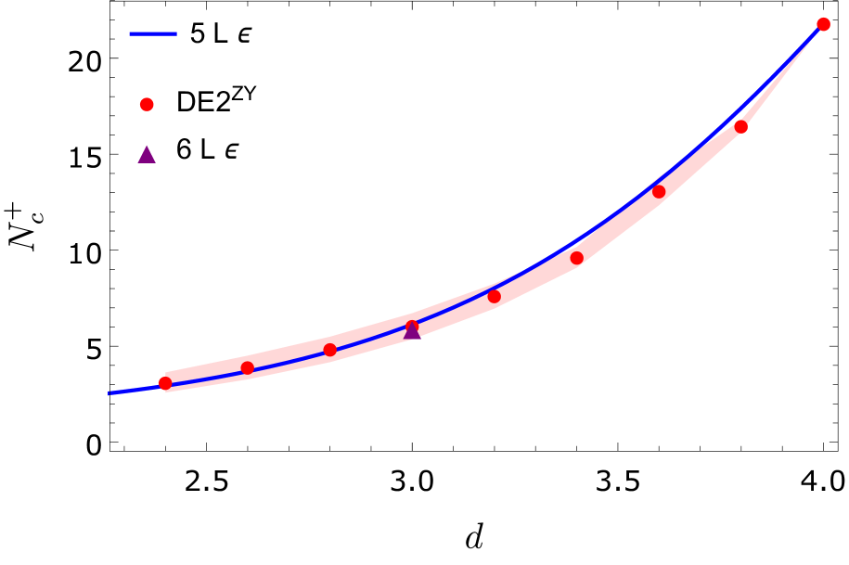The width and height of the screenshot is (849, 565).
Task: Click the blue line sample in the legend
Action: [x=153, y=34]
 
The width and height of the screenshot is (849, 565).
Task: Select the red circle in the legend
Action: [x=147, y=105]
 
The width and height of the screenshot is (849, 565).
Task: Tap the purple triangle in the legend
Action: [x=147, y=155]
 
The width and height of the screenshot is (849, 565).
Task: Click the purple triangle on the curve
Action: [x=412, y=331]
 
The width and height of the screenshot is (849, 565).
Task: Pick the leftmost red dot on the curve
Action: [x=165, y=383]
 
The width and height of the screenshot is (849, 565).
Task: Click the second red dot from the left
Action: [x=248, y=368]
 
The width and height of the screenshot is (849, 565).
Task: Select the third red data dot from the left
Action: [x=330, y=350]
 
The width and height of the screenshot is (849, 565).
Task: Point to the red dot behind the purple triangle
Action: [x=412, y=326]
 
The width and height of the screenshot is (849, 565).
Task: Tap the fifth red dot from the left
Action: [x=495, y=297]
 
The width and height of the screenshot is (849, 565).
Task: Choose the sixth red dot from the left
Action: [x=577, y=258]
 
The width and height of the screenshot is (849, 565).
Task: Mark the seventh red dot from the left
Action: [x=659, y=192]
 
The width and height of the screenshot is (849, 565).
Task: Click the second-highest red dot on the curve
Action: [x=741, y=127]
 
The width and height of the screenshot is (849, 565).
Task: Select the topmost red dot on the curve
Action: [x=823, y=24]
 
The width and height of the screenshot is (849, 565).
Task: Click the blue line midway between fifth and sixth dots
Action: [x=535, y=266]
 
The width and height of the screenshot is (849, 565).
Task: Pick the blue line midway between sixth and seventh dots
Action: [x=618, y=210]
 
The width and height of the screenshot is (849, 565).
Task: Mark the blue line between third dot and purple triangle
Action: [x=371, y=338]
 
